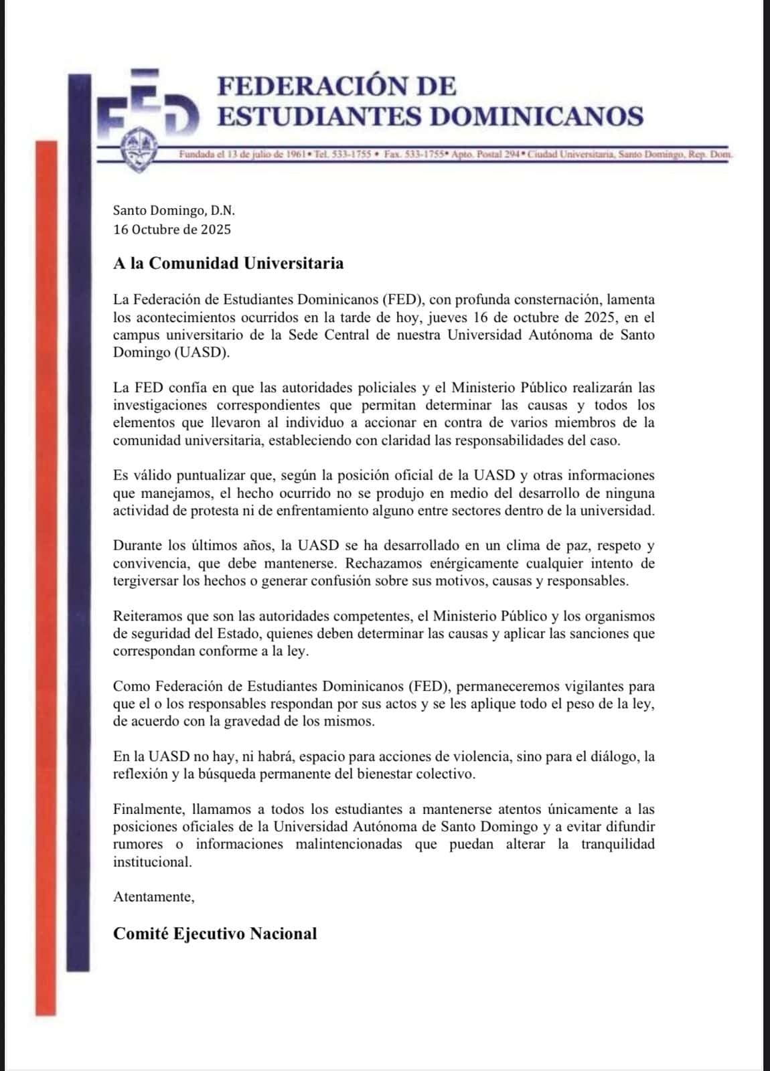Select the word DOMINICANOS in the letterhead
[x=536, y=116]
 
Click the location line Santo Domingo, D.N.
[x=174, y=211]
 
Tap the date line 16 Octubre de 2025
[x=172, y=230]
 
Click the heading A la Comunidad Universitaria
[x=228, y=263]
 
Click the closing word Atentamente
[x=154, y=897]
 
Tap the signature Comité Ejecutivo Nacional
[x=215, y=934]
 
